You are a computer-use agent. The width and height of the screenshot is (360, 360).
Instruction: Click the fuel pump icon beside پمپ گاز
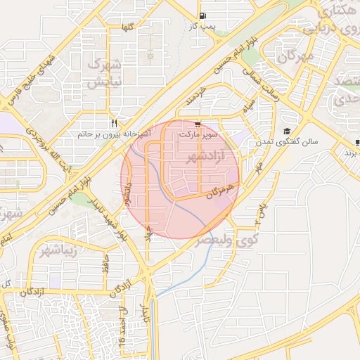coord(202,15)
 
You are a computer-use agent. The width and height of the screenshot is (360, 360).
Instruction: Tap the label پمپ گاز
coord(202,26)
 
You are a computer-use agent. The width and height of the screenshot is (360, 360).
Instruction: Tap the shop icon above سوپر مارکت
coord(197,123)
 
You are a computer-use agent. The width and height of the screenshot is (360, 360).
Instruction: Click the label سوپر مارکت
coord(199,133)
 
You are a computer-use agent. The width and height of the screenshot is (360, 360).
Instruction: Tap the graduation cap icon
coord(287,131)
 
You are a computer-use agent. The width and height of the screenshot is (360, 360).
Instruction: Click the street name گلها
coord(127,27)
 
